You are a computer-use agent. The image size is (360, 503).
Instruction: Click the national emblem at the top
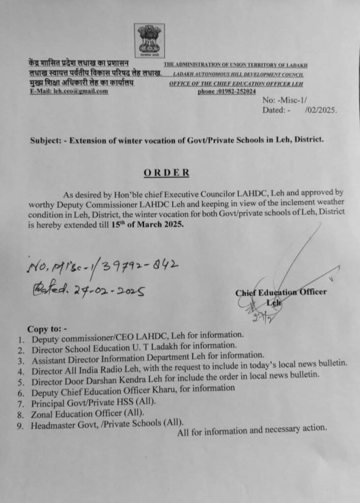[x=149, y=41]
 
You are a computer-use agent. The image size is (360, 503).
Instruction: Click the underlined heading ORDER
[x=166, y=172]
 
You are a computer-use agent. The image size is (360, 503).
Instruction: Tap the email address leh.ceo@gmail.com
[x=82, y=91]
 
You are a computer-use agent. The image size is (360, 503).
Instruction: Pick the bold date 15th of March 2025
[x=151, y=224]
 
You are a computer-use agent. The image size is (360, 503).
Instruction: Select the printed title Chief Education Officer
[x=280, y=292]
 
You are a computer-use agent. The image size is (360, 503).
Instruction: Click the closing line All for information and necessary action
[x=252, y=429]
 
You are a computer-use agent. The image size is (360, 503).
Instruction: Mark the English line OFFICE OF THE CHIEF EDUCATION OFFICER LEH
[x=236, y=84]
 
